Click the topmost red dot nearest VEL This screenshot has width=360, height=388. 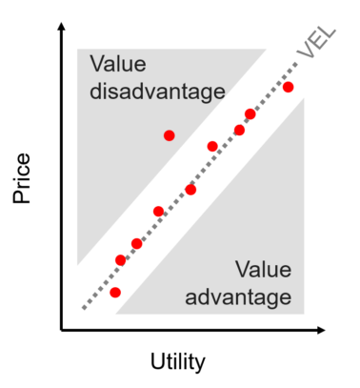tap(289, 88)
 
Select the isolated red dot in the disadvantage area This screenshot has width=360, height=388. tap(170, 135)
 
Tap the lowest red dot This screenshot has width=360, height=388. tap(115, 293)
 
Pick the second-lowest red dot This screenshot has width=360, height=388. tap(120, 259)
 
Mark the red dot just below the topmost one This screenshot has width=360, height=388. tap(250, 114)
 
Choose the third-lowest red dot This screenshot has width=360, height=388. tap(137, 244)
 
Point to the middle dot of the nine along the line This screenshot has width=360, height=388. tap(190, 190)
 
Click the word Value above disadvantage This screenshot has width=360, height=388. tap(118, 65)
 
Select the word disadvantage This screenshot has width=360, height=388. tap(157, 92)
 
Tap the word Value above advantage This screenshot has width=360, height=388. tap(263, 270)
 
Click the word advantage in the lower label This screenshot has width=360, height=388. tap(238, 296)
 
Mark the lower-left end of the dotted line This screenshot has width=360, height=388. tap(84, 308)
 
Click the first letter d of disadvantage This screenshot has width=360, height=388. tap(95, 92)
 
